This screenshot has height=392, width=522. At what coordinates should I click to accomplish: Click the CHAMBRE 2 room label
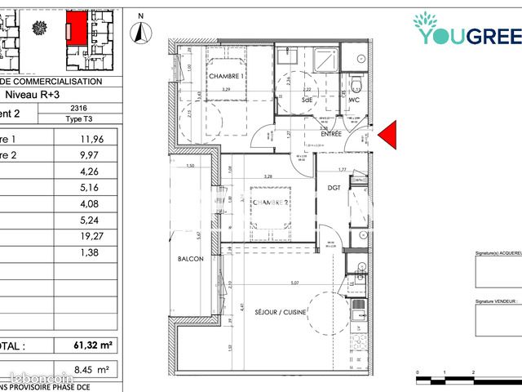click(269, 202)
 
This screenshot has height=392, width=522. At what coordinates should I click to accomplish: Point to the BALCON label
click(190, 259)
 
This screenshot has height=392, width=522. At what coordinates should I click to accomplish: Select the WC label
click(355, 100)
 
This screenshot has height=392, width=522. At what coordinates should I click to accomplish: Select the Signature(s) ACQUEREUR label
click(498, 254)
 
